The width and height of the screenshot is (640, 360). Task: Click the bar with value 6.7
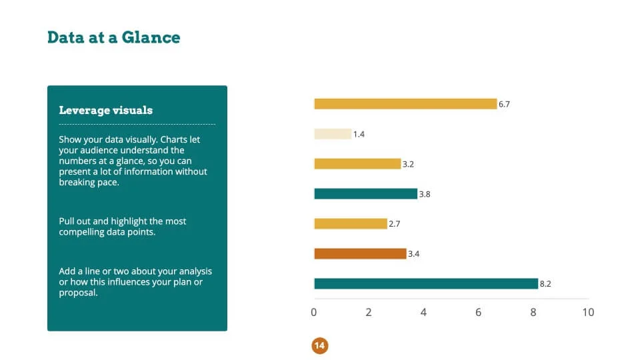405,104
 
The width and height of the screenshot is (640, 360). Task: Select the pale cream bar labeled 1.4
333,134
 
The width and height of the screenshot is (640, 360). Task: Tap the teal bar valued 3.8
366,194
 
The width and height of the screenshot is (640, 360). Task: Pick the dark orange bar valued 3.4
360,253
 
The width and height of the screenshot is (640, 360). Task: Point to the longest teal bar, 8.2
426,283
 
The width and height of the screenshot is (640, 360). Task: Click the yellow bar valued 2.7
351,224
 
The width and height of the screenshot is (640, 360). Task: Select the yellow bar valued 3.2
357,164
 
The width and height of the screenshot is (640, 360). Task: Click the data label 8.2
545,284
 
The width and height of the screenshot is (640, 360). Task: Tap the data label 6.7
504,104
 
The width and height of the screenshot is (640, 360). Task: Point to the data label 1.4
359,134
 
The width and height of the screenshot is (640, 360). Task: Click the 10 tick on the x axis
588,312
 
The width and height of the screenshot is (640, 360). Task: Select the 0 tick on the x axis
313,312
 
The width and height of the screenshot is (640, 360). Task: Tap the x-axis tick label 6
479,312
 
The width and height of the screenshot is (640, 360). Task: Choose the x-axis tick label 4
423,312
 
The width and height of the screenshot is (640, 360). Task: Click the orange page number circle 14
319,346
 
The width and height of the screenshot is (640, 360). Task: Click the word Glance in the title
151,37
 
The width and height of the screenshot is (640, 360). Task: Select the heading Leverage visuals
106,110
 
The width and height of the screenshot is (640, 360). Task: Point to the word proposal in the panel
78,293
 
